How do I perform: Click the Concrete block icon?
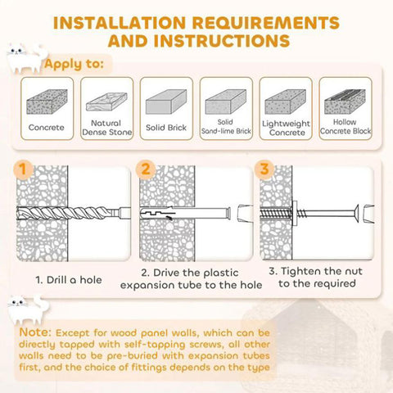(47, 102)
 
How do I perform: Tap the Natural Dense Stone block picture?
(106, 102)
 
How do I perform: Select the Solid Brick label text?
(166, 128)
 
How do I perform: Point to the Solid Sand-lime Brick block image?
(226, 102)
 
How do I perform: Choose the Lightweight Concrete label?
(286, 128)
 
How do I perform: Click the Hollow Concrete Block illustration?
(345, 102)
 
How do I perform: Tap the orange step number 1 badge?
(23, 169)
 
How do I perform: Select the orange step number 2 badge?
(146, 169)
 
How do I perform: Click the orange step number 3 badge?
(264, 169)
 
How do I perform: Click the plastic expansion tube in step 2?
(185, 213)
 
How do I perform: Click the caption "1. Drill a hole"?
(69, 280)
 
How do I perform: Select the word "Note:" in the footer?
(35, 332)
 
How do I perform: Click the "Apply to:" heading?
(74, 64)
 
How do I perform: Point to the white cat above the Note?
(28, 309)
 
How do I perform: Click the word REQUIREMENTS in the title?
(266, 22)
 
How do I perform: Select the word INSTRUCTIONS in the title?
(221, 41)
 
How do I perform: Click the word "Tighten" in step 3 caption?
(300, 271)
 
